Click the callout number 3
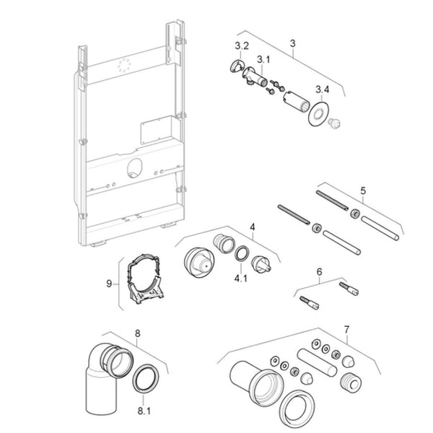click(292, 43)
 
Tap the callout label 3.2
click(243, 46)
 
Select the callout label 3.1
click(262, 59)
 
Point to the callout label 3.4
click(323, 89)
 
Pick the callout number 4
click(253, 227)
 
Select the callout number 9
click(110, 284)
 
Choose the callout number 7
click(346, 330)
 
